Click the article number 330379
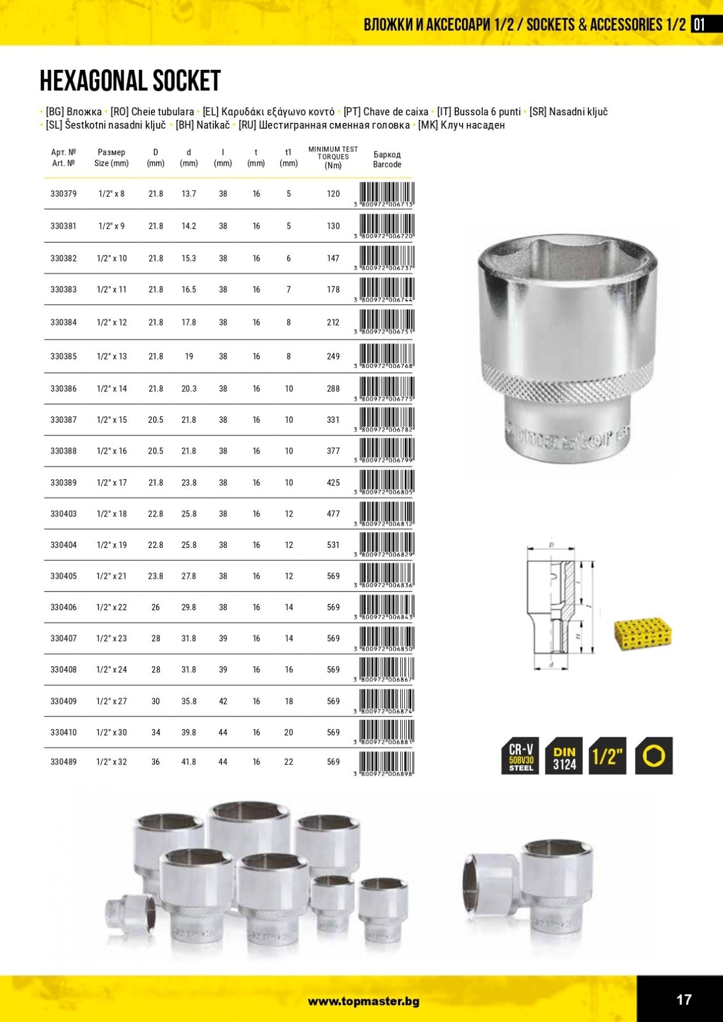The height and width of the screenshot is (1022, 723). pos(64,194)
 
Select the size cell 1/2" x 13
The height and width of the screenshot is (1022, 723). pos(111,356)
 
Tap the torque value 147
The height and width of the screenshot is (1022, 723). pos(333,259)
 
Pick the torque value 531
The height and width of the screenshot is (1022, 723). pos(333,545)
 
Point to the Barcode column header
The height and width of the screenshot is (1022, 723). pos(387,160)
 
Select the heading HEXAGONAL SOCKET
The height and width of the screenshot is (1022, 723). pos(130,81)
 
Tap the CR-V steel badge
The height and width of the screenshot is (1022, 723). pos(521,756)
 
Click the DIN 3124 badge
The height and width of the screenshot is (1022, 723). pos(564,756)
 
